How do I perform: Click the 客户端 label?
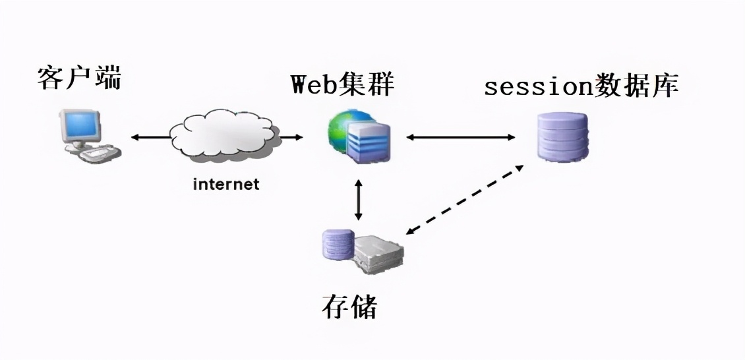pos(80,78)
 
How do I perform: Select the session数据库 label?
pos(581,86)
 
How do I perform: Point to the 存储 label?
pos(349,306)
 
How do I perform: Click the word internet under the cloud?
pos(226,184)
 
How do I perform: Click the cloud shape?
pos(224,135)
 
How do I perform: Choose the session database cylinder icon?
pos(562,136)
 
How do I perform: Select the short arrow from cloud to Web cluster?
pos(293,137)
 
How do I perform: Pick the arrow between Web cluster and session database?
pos(460,137)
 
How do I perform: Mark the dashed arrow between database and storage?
pos(465,200)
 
